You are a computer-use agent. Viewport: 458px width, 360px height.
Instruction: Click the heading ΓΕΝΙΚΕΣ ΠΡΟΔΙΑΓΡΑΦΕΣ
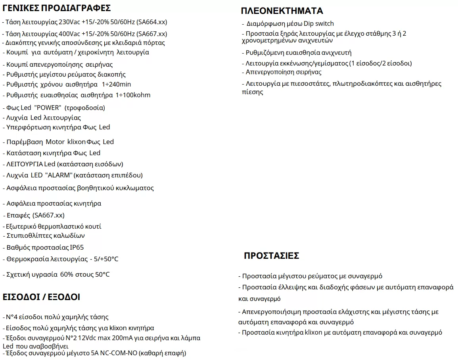pyautogui.click(x=56, y=8)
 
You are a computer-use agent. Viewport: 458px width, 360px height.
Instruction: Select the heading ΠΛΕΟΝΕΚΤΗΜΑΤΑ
pyautogui.click(x=282, y=11)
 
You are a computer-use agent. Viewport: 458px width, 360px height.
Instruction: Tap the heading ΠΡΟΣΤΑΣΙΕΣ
pyautogui.click(x=272, y=256)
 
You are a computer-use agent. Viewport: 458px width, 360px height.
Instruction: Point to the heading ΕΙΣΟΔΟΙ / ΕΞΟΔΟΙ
pyautogui.click(x=41, y=297)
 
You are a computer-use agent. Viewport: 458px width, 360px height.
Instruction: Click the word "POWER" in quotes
pyautogui.click(x=48, y=108)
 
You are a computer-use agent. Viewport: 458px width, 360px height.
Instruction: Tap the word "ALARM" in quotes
pyautogui.click(x=60, y=175)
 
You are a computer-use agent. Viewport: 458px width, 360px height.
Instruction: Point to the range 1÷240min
pyautogui.click(x=116, y=84)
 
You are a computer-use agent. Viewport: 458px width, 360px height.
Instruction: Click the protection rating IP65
pyautogui.click(x=77, y=247)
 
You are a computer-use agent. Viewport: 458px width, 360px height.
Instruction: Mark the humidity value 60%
pyautogui.click(x=66, y=275)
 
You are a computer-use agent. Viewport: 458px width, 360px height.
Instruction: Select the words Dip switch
pyautogui.click(x=319, y=23)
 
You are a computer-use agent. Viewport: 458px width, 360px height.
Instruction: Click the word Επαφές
pyautogui.click(x=17, y=215)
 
